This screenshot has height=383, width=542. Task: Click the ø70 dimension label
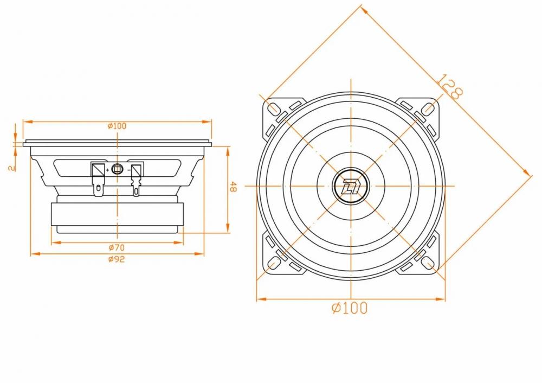point(117,248)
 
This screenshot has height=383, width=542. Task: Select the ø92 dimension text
point(117,259)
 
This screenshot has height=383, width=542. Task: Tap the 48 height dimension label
point(234,187)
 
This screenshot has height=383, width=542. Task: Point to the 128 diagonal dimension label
point(449,86)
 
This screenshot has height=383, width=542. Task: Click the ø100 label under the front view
point(350,308)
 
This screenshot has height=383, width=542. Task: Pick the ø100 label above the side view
point(117,126)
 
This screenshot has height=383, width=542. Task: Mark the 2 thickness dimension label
point(12,168)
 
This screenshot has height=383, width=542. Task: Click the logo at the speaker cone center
point(350,186)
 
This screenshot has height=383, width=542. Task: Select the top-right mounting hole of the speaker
point(428,108)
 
